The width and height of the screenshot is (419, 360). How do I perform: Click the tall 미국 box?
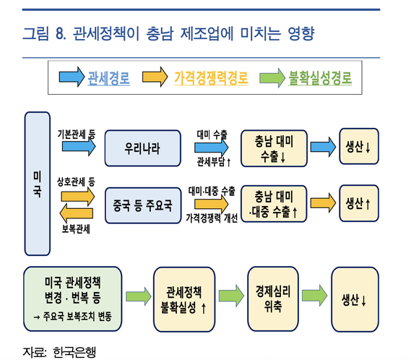(38, 184)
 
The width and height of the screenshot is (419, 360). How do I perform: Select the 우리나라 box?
(143, 148)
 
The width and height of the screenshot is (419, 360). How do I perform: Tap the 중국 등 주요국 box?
(143, 205)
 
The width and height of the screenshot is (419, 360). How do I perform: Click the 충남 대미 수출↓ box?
(275, 148)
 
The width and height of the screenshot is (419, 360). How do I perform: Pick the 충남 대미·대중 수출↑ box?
(274, 204)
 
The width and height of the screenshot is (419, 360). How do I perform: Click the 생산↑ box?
(359, 203)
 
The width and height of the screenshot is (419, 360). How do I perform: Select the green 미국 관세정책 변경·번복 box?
(73, 299)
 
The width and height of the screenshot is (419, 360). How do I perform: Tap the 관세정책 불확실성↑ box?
(184, 299)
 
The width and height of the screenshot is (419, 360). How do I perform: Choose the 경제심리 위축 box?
(273, 299)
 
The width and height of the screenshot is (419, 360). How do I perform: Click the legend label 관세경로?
(109, 78)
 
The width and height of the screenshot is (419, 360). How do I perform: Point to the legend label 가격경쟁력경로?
(211, 78)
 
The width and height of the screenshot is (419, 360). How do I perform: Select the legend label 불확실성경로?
(320, 78)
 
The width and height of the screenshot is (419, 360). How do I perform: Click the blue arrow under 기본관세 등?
(79, 146)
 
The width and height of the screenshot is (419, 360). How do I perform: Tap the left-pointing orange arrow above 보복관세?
(77, 213)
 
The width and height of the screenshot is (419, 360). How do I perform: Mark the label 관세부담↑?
(214, 162)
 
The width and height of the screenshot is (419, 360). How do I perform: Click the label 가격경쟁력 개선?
(212, 218)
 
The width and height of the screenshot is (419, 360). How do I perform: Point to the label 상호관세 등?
(76, 182)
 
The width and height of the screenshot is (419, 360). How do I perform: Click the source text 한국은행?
(74, 352)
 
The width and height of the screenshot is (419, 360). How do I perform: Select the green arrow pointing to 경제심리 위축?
(231, 296)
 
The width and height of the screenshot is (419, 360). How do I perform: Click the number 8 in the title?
(61, 33)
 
